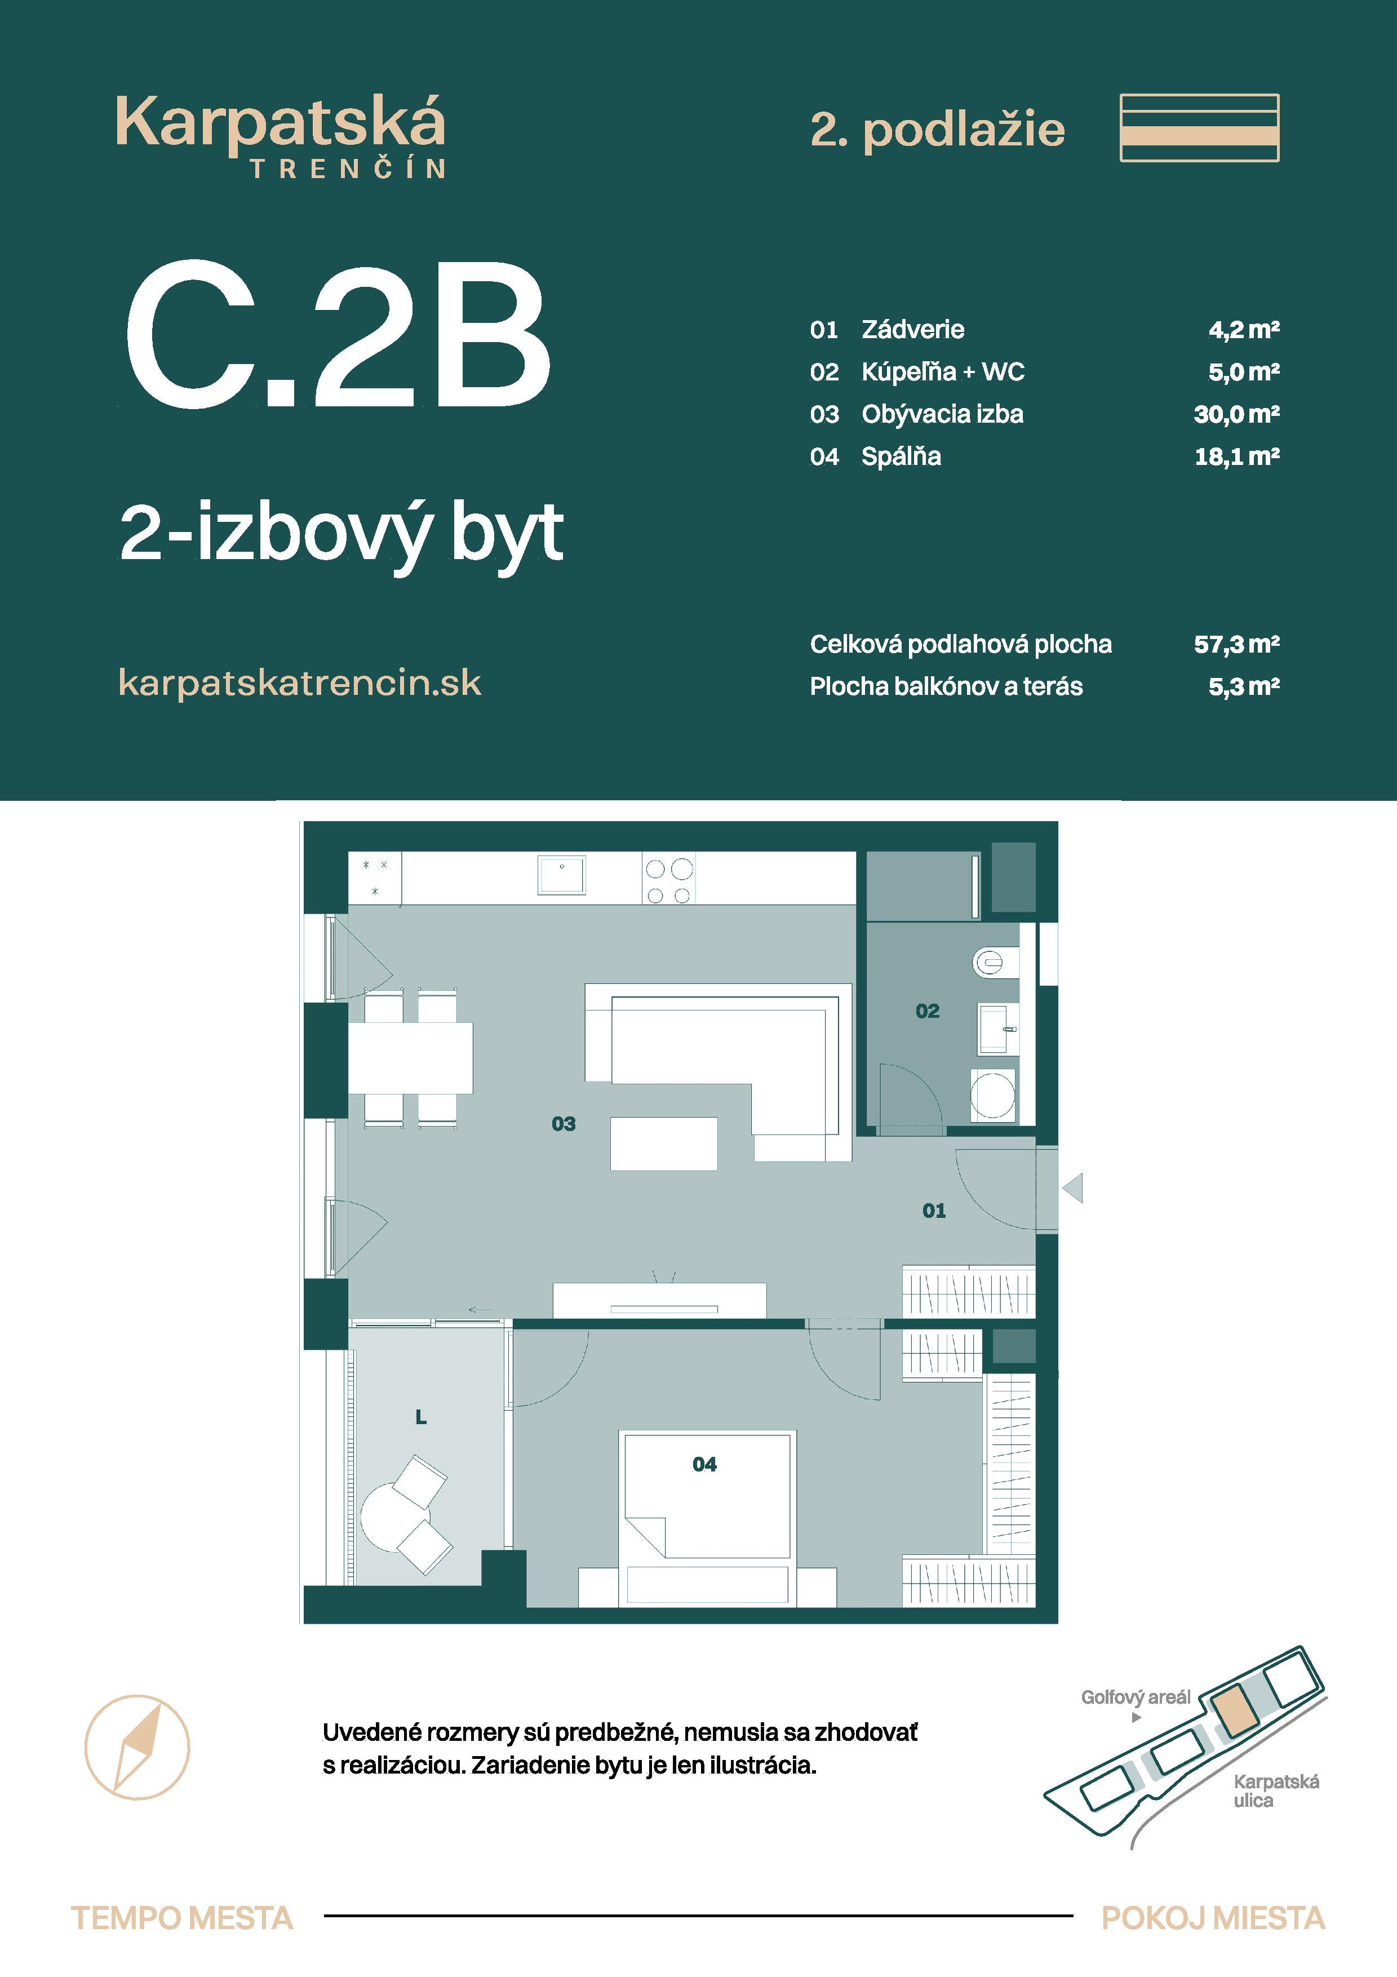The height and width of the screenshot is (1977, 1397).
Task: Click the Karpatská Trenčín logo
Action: pyautogui.click(x=281, y=136)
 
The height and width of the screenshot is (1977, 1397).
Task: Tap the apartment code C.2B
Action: pyautogui.click(x=338, y=336)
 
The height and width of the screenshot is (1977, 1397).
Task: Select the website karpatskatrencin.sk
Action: pyautogui.click(x=300, y=683)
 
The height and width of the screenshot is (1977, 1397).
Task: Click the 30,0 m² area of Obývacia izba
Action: pyautogui.click(x=1236, y=414)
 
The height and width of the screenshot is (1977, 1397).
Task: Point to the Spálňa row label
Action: pyautogui.click(x=901, y=456)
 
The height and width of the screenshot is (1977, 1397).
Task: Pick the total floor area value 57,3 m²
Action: pyautogui.click(x=1236, y=644)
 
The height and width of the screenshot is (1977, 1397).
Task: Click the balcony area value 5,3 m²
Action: pyautogui.click(x=1243, y=686)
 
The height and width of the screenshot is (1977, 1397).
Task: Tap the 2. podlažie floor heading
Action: pyautogui.click(x=937, y=130)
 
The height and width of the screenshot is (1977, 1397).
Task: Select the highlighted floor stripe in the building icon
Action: pyautogui.click(x=1199, y=135)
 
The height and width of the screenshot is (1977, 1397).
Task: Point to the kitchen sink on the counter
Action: pyautogui.click(x=561, y=875)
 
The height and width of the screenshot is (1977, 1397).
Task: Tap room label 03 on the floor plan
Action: pyautogui.click(x=564, y=1124)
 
